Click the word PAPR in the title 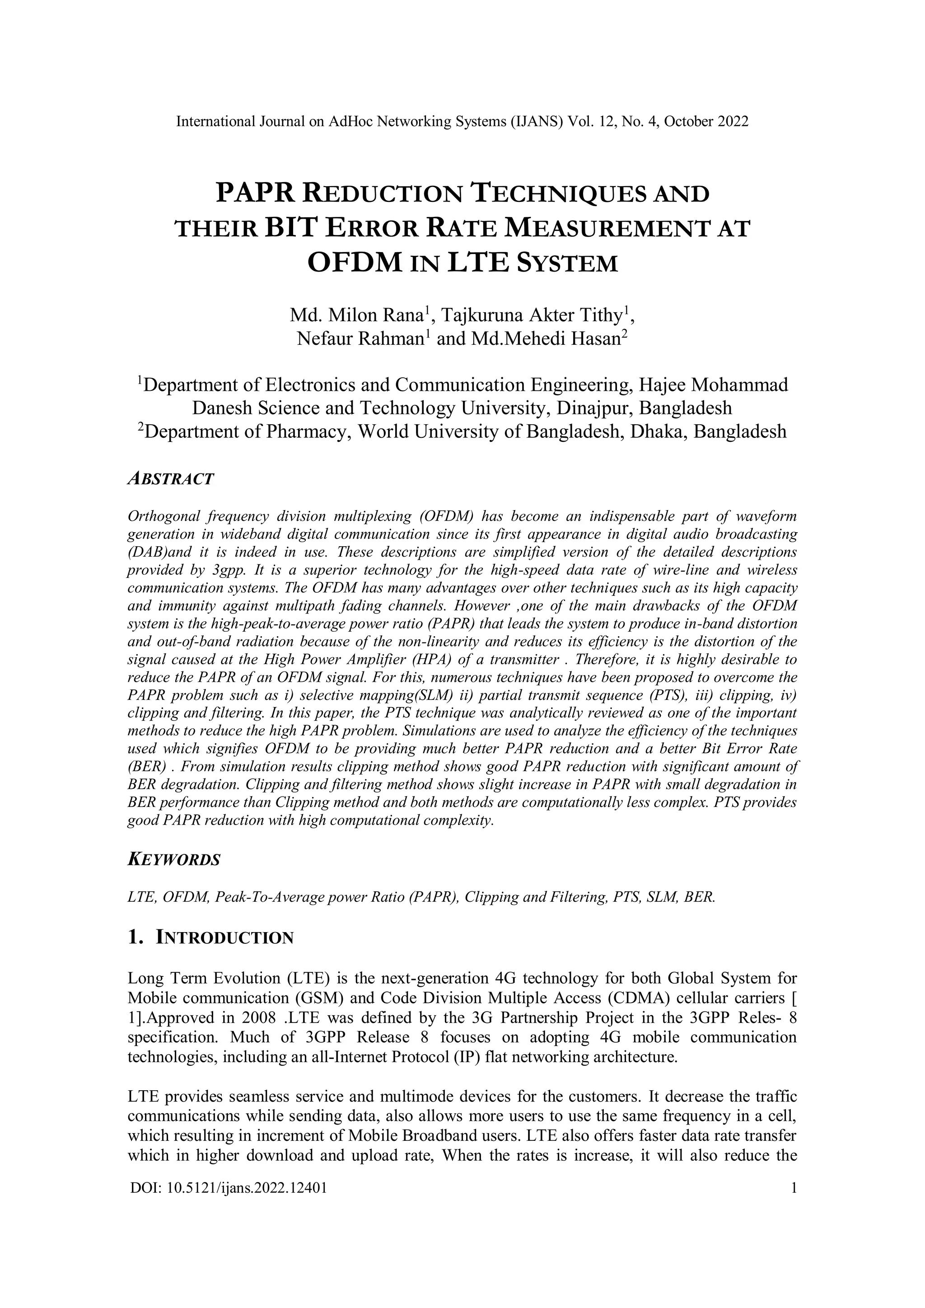[255, 194]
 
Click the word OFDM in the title [353, 263]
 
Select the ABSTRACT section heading [170, 478]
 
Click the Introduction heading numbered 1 [211, 937]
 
